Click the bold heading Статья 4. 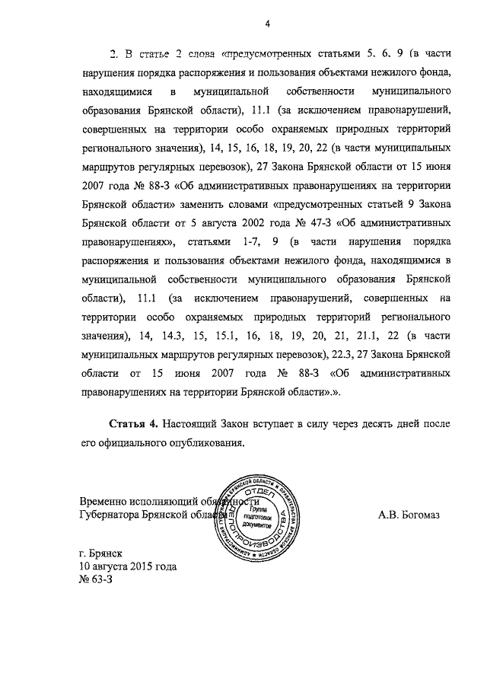click(x=135, y=423)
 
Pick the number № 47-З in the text click(x=310, y=223)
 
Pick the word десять click(x=374, y=423)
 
